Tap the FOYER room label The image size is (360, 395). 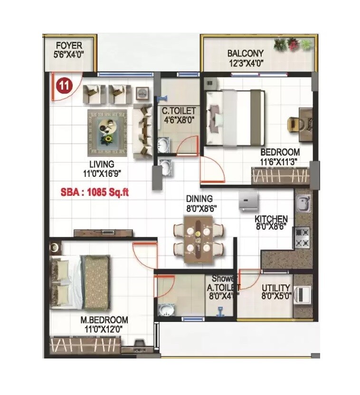[x=69, y=46]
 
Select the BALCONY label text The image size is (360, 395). [x=245, y=54]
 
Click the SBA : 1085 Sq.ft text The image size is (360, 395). [x=95, y=193]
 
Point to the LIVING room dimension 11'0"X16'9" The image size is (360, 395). [x=102, y=174]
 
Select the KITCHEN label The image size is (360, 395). [x=271, y=219]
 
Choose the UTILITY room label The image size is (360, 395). [x=276, y=288]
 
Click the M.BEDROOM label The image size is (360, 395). [x=104, y=320]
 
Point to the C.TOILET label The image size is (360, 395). [x=179, y=111]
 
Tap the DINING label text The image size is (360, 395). [x=199, y=199]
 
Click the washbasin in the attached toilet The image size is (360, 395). [x=167, y=310]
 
